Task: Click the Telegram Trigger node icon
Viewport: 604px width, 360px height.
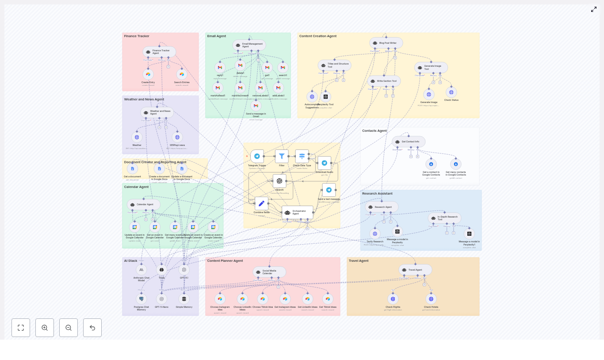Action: pos(257,156)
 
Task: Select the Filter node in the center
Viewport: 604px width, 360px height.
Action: pos(282,156)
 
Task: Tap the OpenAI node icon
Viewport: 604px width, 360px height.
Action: pos(279,181)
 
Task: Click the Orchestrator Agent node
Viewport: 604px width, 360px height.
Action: pos(297,212)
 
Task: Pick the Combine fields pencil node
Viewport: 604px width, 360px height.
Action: pos(261,203)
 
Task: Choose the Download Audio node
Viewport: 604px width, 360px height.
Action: pos(324,163)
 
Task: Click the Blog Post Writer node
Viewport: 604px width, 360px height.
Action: pos(386,43)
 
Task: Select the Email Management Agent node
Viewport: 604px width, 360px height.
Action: pos(249,45)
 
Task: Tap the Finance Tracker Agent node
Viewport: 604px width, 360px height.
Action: pos(159,52)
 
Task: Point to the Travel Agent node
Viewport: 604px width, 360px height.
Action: pos(415,270)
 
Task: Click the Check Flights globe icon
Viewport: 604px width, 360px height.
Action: pos(393,299)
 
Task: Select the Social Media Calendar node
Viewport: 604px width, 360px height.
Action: pos(269,272)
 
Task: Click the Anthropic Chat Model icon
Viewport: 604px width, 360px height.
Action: pos(141,270)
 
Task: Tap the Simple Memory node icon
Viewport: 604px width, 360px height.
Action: pos(184,299)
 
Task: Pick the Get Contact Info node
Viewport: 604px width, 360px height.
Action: pos(409,142)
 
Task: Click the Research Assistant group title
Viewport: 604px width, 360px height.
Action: pos(377,194)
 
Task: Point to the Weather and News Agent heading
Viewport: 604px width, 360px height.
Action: pos(144,100)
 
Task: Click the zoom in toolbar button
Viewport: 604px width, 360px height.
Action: pos(45,328)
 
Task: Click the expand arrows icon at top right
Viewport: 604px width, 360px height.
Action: pos(594,9)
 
